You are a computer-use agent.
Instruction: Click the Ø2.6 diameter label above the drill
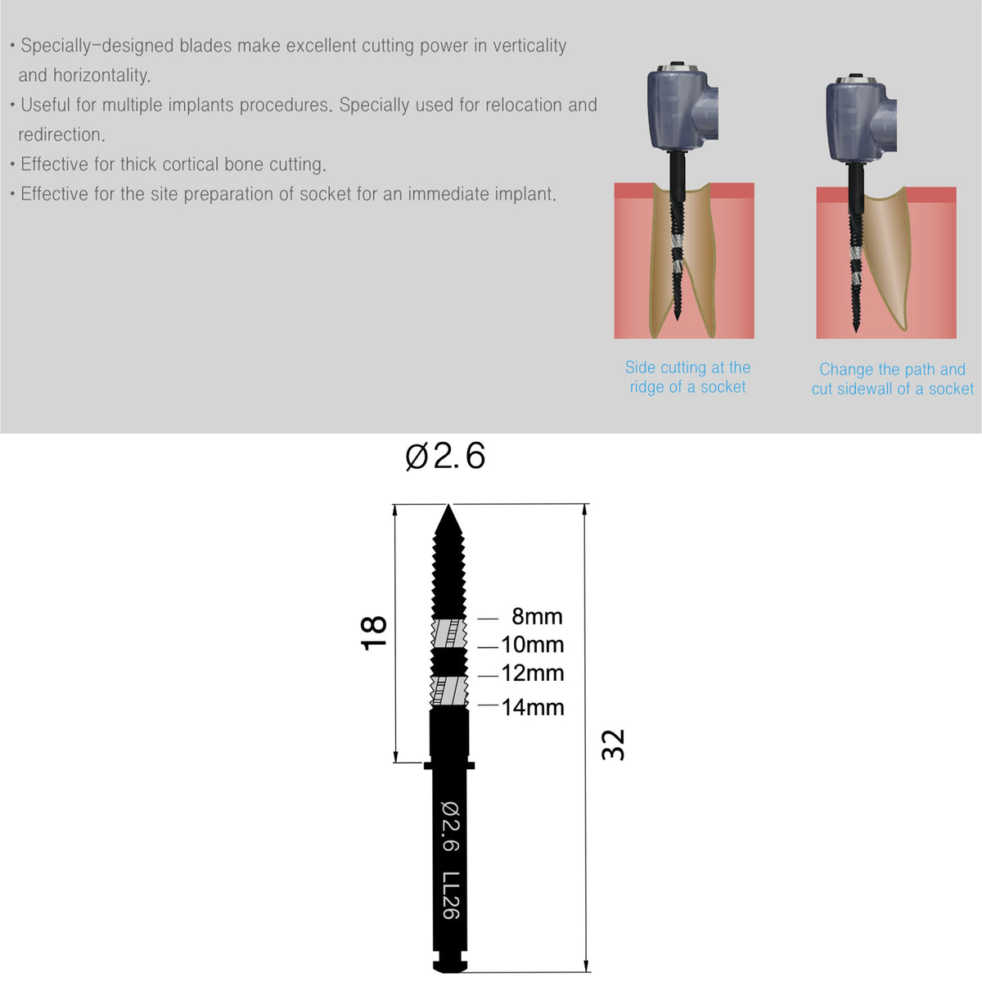click(x=445, y=456)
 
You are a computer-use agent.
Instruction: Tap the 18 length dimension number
click(x=374, y=633)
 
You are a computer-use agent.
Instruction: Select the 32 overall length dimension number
click(x=613, y=745)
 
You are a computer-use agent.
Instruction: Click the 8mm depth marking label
click(x=537, y=616)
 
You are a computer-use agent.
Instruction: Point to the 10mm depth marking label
click(x=533, y=645)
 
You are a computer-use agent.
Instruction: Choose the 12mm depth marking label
click(x=533, y=673)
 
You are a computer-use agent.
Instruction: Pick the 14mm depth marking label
click(x=533, y=707)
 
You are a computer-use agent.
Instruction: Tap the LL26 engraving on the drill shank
click(x=451, y=895)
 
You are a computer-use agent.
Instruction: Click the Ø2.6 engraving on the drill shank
click(x=451, y=826)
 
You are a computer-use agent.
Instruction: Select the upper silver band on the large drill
click(x=448, y=633)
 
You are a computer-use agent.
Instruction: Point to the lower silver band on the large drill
click(x=448, y=691)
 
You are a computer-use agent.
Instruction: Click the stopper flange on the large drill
click(x=449, y=765)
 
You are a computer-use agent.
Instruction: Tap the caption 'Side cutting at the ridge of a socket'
click(x=687, y=377)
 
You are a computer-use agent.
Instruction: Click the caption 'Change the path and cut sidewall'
click(x=892, y=379)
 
